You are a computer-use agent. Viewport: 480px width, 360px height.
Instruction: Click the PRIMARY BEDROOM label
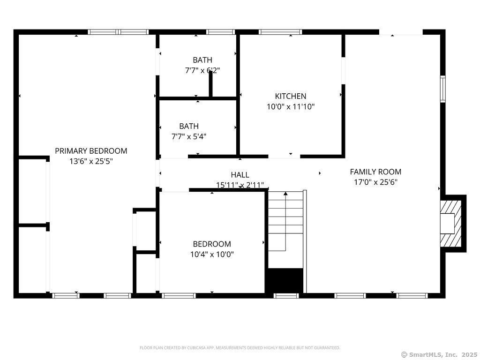click(x=91, y=151)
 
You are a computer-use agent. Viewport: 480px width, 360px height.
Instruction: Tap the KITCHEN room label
click(x=291, y=96)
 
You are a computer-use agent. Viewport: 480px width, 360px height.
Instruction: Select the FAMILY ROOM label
click(x=375, y=172)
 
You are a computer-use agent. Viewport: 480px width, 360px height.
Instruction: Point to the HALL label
click(x=240, y=175)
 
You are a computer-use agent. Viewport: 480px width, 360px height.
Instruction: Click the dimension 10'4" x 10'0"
click(x=212, y=255)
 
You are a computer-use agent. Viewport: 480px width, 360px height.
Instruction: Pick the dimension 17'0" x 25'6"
click(x=375, y=182)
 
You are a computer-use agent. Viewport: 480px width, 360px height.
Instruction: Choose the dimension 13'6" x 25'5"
click(x=91, y=161)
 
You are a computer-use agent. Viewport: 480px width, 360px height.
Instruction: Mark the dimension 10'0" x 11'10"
click(x=291, y=106)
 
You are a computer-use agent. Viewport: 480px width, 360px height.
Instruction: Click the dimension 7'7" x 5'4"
click(x=189, y=136)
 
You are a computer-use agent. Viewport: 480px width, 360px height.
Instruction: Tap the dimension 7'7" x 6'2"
click(x=202, y=70)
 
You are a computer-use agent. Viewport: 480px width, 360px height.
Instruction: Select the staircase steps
click(x=285, y=220)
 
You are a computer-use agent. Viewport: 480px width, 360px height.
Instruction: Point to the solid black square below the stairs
click(x=285, y=280)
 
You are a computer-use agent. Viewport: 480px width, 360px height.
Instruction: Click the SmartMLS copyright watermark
click(x=439, y=354)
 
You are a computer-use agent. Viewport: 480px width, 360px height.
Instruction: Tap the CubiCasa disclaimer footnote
click(x=240, y=348)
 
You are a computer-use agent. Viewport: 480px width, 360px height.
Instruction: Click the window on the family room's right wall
click(x=442, y=89)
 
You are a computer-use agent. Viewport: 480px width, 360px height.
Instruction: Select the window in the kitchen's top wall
click(x=280, y=32)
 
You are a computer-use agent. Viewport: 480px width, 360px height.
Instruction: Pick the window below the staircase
click(x=286, y=296)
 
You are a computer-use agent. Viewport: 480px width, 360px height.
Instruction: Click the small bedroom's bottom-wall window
click(x=179, y=296)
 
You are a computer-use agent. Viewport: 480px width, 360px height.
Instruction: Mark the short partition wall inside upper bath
click(x=211, y=85)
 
